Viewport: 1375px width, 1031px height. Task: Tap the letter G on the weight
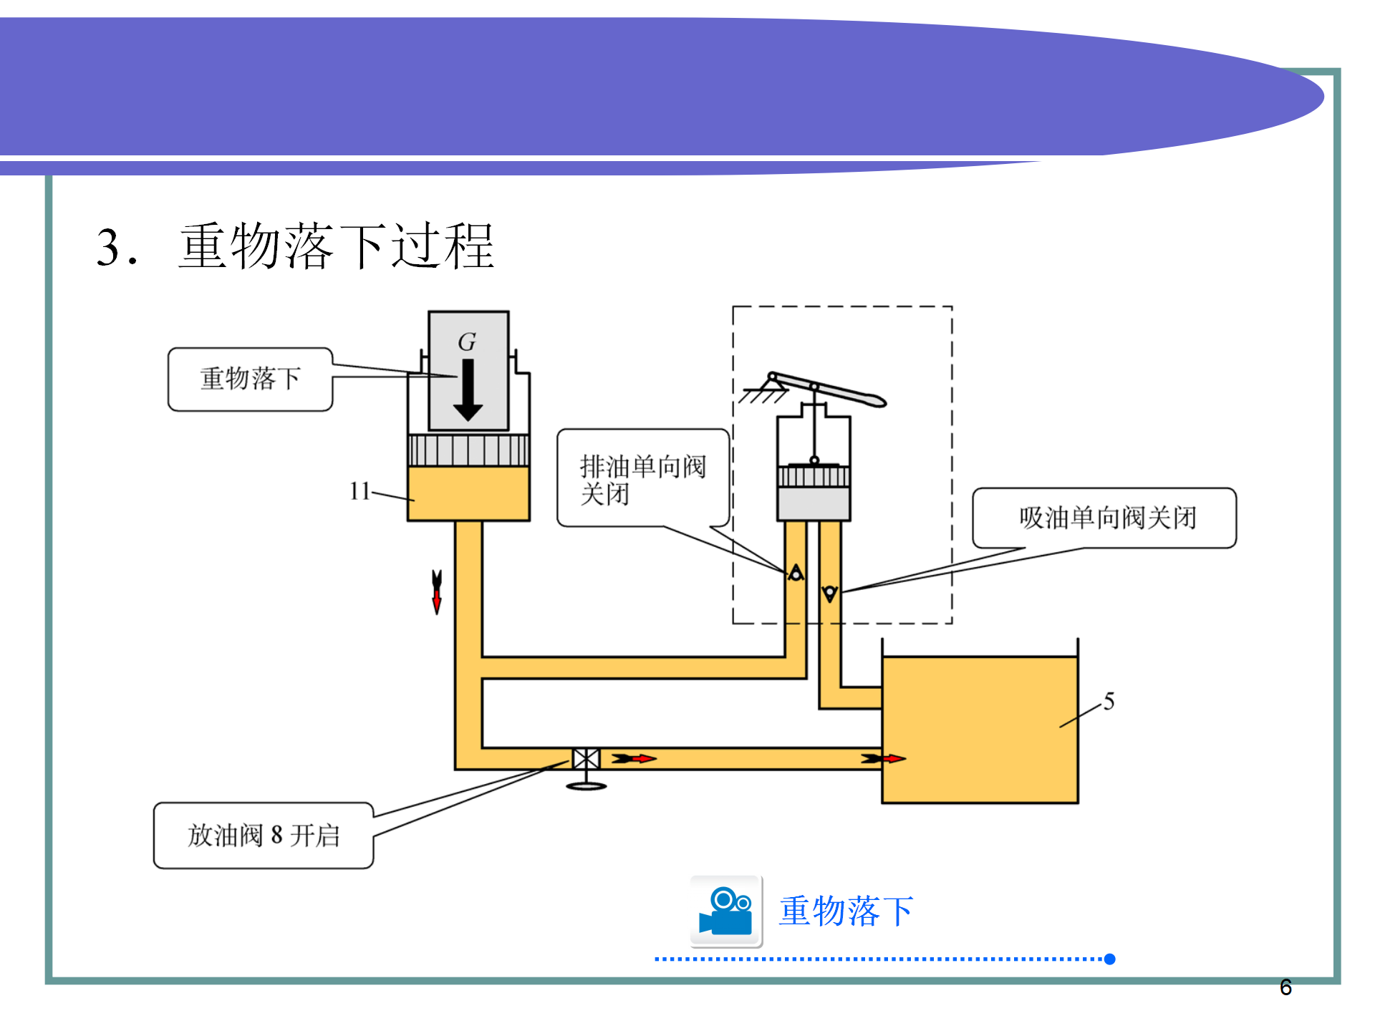(x=467, y=342)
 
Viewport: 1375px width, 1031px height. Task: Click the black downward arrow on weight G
(x=468, y=390)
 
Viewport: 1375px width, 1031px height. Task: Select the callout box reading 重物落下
(x=250, y=379)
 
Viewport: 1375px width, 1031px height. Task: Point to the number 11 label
(x=360, y=491)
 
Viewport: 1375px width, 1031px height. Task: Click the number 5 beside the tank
(x=1109, y=702)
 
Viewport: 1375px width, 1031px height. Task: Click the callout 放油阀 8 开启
(x=264, y=836)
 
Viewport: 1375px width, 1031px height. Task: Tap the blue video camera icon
(x=726, y=911)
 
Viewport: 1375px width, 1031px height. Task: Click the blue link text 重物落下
(x=846, y=911)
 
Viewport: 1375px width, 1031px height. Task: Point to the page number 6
(x=1285, y=988)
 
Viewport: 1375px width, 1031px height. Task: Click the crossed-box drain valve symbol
(x=586, y=759)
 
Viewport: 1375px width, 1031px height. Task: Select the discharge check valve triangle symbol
(x=796, y=573)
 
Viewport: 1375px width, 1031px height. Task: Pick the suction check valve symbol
(x=830, y=594)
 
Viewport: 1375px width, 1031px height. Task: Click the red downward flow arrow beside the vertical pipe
(x=437, y=592)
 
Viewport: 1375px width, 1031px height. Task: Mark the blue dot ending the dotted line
(x=1110, y=959)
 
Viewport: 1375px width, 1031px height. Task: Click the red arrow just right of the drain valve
(x=635, y=759)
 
